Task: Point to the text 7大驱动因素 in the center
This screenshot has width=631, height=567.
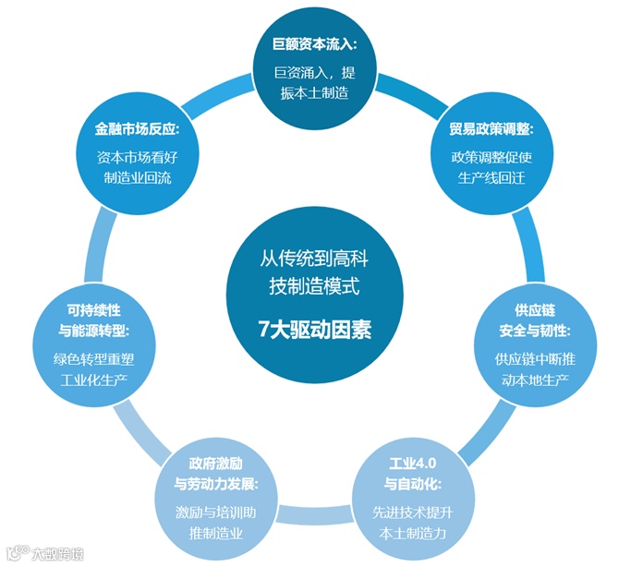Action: pyautogui.click(x=314, y=330)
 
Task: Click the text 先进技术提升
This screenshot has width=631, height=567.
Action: pyautogui.click(x=407, y=511)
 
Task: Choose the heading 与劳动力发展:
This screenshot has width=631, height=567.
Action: pyautogui.click(x=216, y=483)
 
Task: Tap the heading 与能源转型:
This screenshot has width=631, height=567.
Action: pyautogui.click(x=94, y=330)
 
